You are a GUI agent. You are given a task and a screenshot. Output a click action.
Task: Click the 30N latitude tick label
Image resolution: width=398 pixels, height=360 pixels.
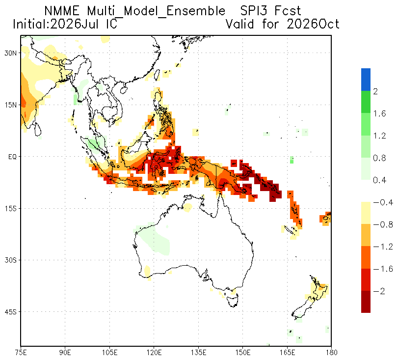point(10,54)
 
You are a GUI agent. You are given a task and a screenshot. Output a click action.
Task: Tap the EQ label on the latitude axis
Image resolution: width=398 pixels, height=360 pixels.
point(12,157)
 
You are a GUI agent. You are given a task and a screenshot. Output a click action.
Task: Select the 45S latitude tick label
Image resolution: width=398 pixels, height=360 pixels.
point(10,312)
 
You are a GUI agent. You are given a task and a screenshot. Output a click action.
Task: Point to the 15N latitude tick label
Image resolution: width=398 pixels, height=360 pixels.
point(10,105)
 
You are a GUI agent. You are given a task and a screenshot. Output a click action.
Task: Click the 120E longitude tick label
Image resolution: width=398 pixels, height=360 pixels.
point(154,353)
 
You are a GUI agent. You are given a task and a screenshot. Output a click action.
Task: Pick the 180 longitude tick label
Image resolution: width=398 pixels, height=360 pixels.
point(331,353)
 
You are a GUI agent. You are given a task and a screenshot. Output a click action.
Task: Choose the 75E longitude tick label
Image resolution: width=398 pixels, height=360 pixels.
point(21,353)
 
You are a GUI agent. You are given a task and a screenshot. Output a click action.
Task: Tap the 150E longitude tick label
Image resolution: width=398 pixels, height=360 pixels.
point(242,353)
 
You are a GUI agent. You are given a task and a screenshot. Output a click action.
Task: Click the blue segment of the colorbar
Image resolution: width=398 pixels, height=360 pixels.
point(366,80)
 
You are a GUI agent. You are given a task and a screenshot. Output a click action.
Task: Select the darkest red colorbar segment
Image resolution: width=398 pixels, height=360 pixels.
point(366,302)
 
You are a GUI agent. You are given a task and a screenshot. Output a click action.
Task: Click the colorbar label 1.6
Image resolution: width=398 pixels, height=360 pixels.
point(379,113)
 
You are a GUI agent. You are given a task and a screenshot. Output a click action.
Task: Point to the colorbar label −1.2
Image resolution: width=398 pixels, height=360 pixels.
point(383,247)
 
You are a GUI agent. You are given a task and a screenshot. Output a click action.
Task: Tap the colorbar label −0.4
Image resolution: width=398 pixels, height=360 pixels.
point(383,202)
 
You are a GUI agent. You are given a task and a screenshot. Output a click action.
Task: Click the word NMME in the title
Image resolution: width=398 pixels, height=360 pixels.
point(62,11)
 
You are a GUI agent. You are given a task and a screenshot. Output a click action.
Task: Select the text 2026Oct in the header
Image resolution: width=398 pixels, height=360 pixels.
point(313,24)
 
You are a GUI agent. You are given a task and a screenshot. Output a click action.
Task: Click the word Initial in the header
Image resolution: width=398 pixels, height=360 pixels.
point(30,24)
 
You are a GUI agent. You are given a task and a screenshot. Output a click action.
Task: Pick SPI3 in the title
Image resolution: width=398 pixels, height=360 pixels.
point(255,11)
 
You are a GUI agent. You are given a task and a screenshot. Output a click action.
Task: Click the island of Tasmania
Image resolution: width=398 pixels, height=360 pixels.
point(233,300)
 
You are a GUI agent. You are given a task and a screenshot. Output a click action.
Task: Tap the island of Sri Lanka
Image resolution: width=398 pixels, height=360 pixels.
point(38,129)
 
